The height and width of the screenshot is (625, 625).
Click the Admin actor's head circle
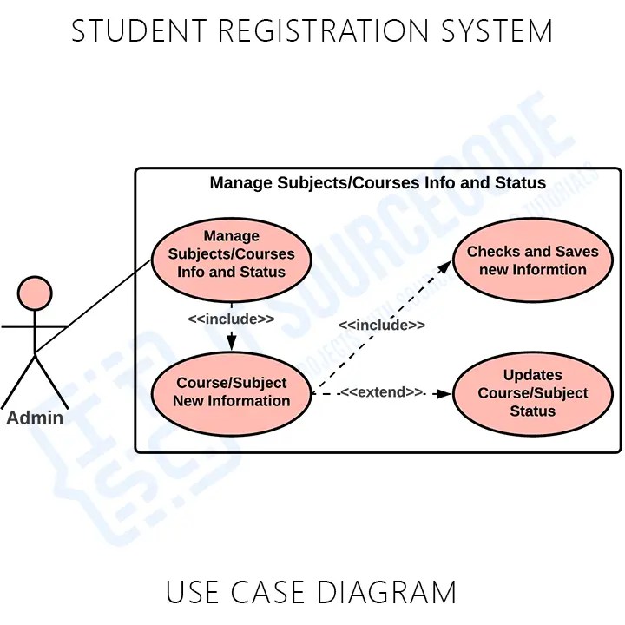point(35,293)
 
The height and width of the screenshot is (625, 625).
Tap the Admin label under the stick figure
point(35,418)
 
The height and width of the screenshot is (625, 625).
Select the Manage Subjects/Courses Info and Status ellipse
point(231,253)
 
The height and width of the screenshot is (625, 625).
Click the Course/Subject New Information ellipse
point(231,392)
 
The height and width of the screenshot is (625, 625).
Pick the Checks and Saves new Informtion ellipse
point(532,260)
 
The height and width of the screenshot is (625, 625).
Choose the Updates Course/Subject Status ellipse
point(532,392)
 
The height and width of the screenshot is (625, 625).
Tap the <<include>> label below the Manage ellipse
point(231,319)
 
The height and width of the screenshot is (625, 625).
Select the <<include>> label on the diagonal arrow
point(382,325)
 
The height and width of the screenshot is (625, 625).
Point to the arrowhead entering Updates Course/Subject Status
point(444,393)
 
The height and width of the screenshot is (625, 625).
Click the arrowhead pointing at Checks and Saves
point(452,261)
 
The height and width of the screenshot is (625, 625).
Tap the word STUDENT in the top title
point(139,31)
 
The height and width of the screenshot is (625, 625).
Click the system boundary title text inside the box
point(378,182)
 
